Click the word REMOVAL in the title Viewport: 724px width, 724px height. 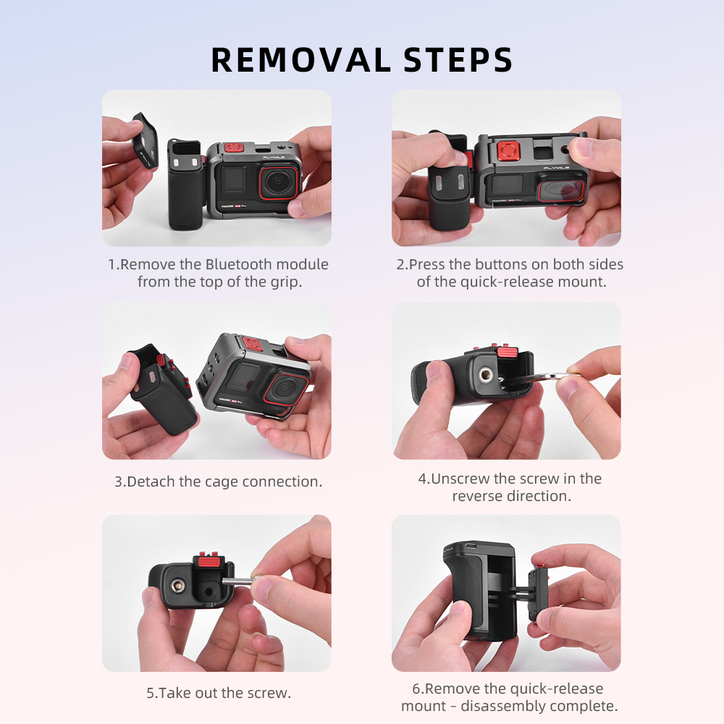300,60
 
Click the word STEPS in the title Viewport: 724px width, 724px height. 458,60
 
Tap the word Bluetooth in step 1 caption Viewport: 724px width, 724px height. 239,264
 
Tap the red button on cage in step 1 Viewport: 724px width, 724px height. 234,148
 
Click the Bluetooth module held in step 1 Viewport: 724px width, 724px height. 145,141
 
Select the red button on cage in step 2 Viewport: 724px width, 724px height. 508,151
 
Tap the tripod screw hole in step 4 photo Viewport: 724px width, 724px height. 485,375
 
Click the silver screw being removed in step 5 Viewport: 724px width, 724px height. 237,581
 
